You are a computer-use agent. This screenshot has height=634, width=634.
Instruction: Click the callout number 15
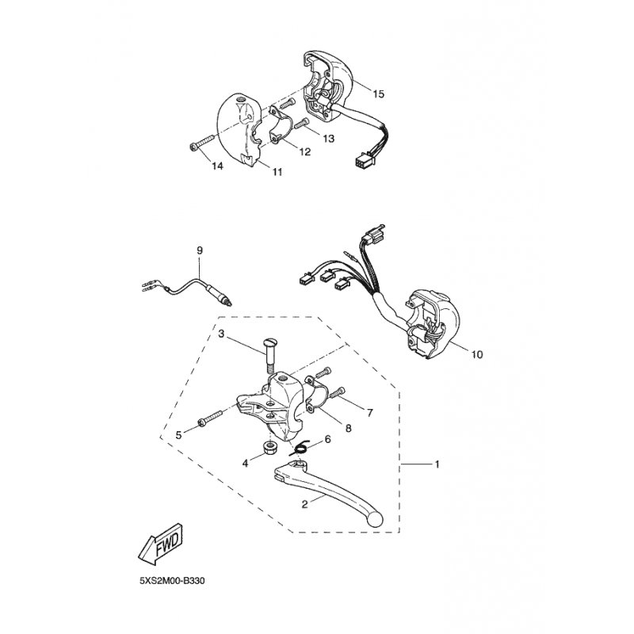coord(379,94)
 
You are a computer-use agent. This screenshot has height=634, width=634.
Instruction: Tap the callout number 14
coord(217,166)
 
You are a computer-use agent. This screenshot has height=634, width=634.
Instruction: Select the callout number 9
coord(200,250)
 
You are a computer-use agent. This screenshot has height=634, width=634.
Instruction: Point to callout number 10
coord(478,354)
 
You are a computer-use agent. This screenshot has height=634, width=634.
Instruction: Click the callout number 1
coord(437,464)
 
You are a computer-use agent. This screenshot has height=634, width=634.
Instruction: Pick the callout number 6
coord(327,439)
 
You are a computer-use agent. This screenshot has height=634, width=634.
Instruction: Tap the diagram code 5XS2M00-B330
coord(172,581)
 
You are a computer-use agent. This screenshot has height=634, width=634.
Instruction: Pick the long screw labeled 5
coord(211,418)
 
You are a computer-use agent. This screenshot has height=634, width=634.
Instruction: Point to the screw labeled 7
coord(338,392)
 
